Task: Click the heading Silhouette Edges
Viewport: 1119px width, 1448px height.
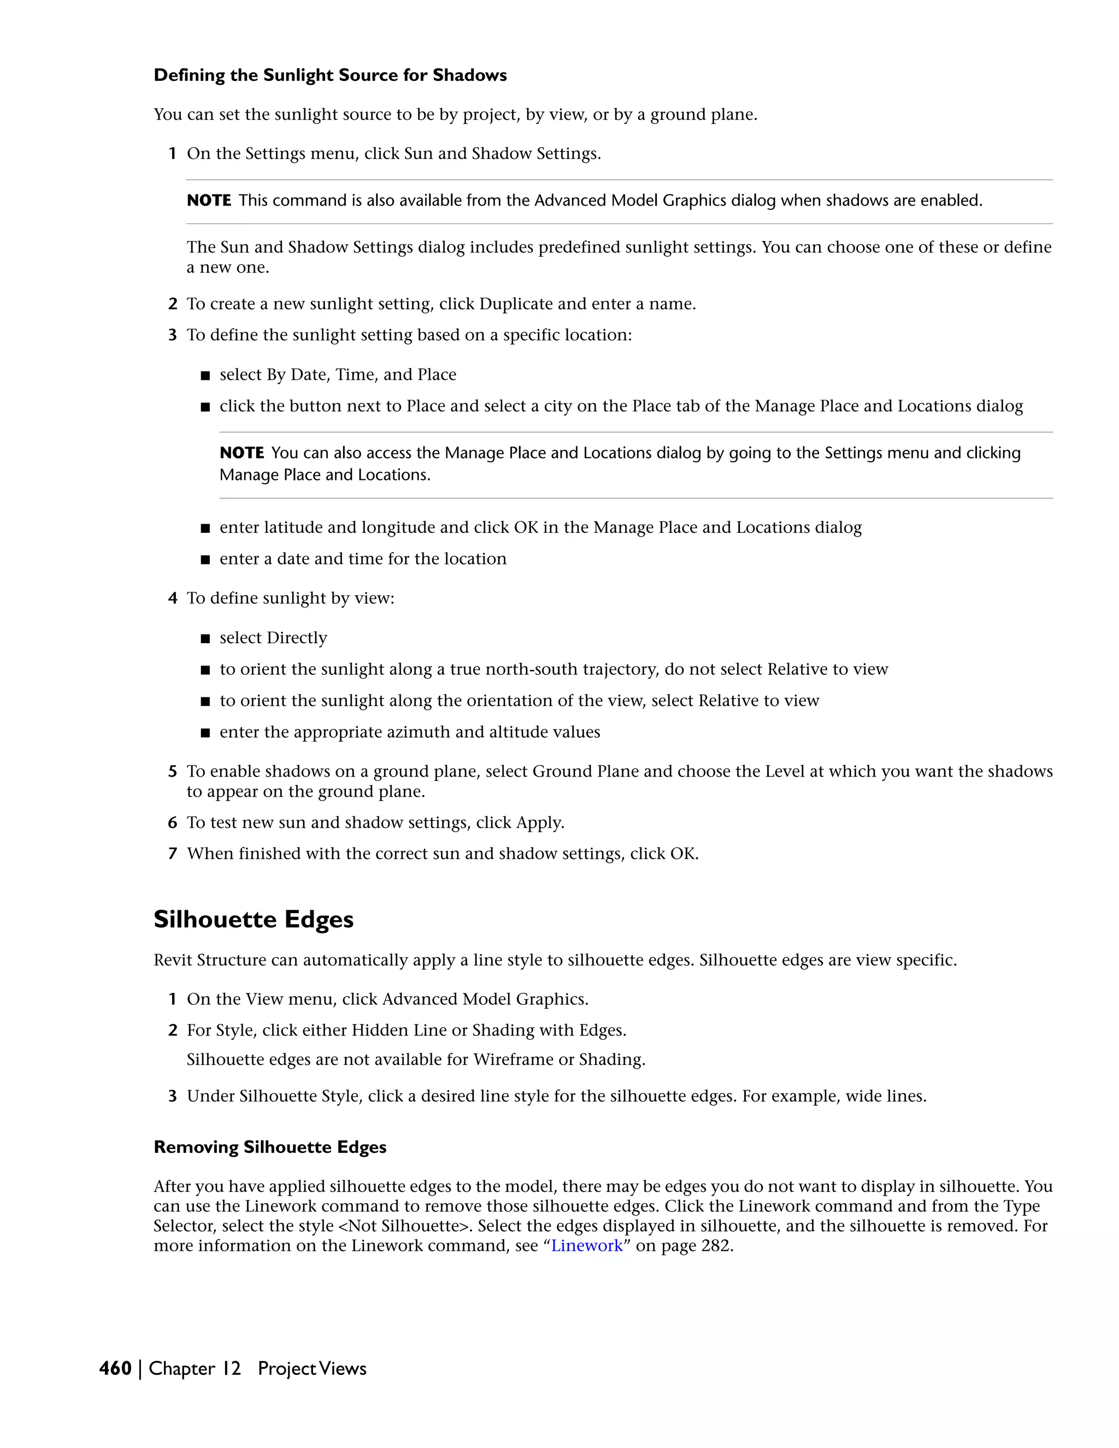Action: (x=253, y=920)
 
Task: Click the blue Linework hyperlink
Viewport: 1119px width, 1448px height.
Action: (x=587, y=1246)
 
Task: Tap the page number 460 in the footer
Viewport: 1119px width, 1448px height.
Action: (x=115, y=1368)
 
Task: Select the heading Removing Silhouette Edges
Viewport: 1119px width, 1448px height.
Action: (x=270, y=1147)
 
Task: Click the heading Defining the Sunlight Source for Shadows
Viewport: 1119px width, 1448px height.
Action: (x=330, y=75)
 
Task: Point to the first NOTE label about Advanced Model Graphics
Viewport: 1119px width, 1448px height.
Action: (x=209, y=200)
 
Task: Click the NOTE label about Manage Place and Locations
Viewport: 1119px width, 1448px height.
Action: (x=242, y=453)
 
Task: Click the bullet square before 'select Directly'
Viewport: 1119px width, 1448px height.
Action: (x=205, y=638)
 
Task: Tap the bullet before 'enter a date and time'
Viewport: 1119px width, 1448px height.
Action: (x=205, y=560)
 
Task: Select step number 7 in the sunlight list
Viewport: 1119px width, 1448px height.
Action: (x=172, y=854)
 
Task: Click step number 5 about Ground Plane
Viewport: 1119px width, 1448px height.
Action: (x=172, y=771)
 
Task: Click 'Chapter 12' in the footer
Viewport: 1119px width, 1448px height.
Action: (x=194, y=1368)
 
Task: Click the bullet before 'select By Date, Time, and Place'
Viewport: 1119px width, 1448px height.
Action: (x=205, y=376)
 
